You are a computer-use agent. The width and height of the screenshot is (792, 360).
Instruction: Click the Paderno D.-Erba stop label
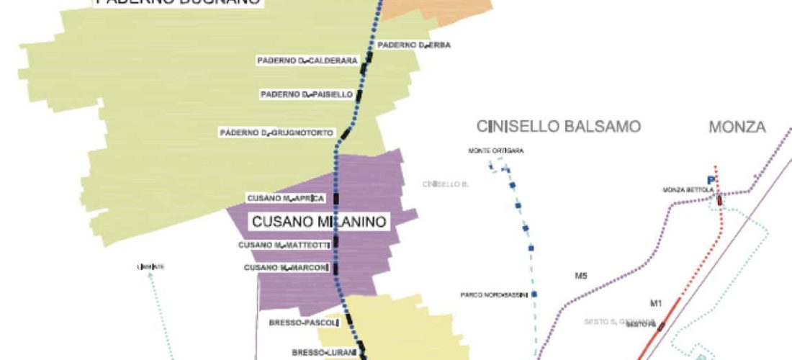(414, 45)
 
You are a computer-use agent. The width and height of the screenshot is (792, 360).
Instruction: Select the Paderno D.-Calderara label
(307, 61)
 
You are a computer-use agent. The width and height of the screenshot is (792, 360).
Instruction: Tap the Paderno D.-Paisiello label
(307, 94)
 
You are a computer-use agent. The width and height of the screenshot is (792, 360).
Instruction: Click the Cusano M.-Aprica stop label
(286, 198)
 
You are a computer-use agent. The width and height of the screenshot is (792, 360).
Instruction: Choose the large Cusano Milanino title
(320, 222)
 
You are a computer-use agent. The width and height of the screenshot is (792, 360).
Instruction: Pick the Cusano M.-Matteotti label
(284, 246)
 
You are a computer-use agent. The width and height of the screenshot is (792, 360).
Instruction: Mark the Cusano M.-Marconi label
(286, 268)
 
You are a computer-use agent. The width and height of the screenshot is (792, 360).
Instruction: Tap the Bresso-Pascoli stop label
(303, 323)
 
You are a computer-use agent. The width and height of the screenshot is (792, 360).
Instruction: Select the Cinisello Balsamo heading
(559, 127)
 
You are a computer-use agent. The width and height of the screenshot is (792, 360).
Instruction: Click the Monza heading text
(737, 127)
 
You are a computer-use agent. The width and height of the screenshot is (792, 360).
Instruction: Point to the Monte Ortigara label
(496, 151)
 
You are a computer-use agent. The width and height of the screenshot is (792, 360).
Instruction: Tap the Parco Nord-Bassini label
(495, 294)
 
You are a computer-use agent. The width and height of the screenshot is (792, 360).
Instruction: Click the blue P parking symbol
(711, 180)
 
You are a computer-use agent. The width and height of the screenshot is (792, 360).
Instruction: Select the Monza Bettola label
(688, 190)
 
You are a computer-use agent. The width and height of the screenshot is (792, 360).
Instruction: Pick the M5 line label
(581, 276)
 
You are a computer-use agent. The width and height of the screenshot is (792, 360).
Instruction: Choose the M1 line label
(656, 302)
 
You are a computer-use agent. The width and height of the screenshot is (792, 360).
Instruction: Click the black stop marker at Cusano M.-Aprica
(336, 198)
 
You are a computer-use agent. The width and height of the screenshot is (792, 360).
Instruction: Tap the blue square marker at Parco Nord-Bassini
(534, 294)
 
